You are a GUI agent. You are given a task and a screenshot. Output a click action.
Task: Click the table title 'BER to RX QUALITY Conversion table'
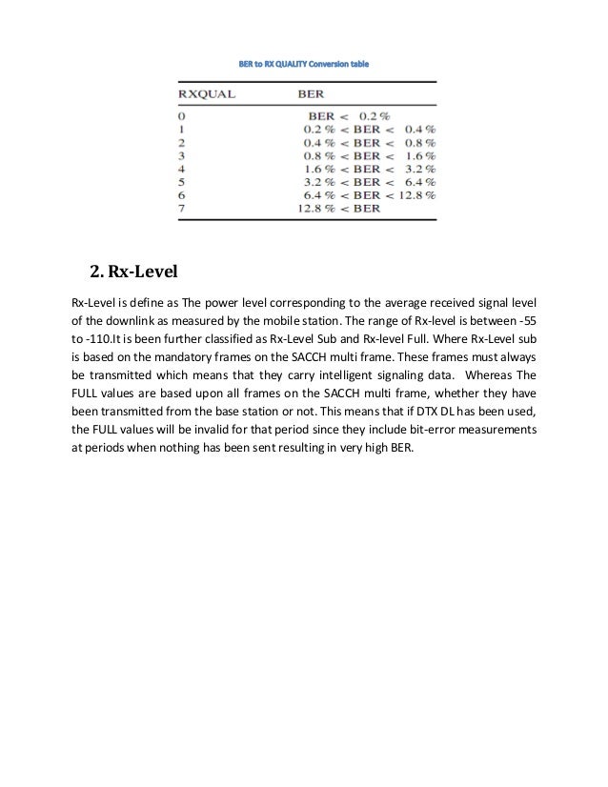[302, 64]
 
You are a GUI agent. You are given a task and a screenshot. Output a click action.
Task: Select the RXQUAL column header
[209, 95]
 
